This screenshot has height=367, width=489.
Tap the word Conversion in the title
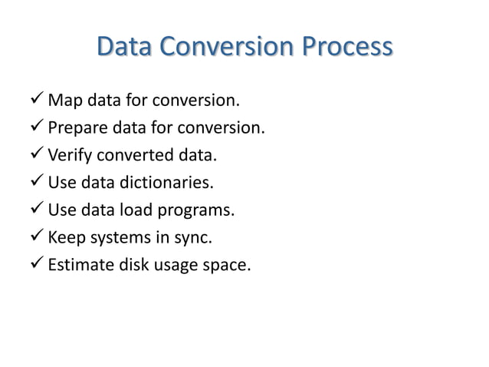coord(227,48)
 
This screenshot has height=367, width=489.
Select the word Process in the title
coord(346,48)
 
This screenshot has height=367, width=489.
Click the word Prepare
coord(77,128)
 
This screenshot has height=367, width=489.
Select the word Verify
coord(69,156)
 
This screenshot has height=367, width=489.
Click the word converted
coord(136,156)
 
